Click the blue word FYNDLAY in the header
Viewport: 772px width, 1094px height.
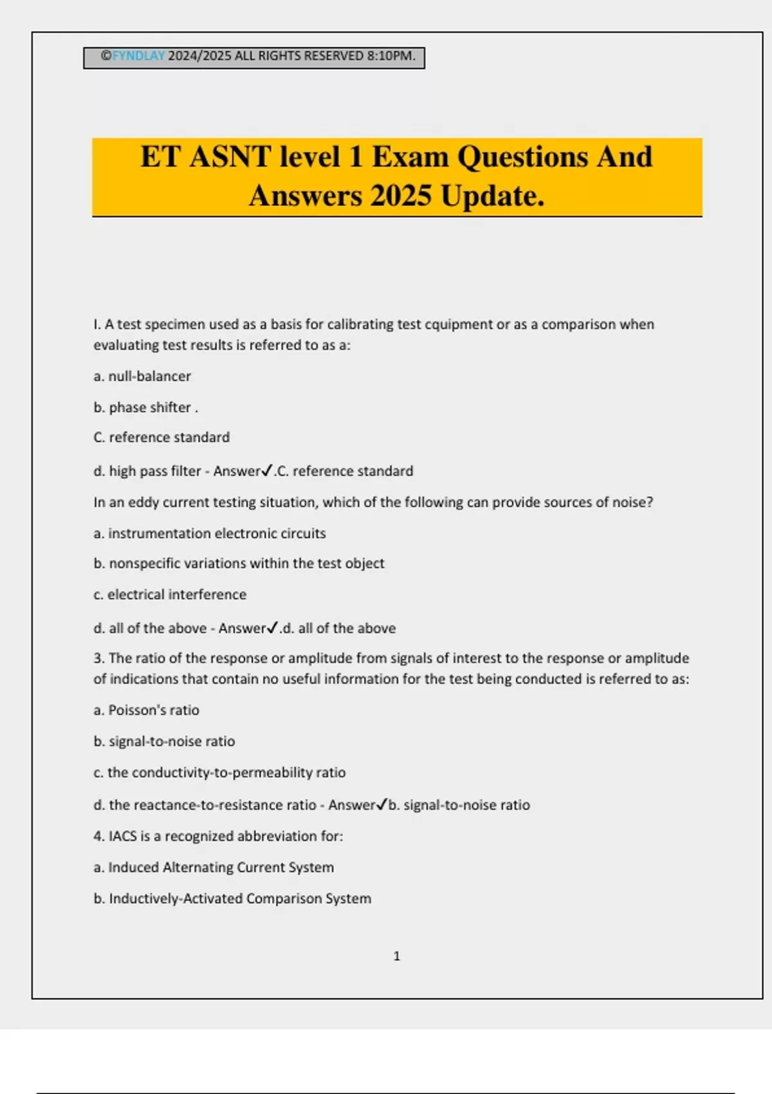138,56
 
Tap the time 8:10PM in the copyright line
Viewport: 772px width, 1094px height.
391,56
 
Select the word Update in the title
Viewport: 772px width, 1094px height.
492,196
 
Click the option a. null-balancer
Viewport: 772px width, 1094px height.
142,376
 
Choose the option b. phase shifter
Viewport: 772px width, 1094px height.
145,407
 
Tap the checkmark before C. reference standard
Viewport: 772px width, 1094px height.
268,470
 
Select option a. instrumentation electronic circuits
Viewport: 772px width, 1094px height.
210,533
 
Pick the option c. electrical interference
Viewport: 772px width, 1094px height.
170,595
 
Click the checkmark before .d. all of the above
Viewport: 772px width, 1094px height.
273,627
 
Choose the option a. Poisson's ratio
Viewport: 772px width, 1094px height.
147,710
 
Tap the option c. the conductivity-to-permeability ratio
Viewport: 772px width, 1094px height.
219,773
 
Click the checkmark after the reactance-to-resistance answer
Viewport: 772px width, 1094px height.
381,804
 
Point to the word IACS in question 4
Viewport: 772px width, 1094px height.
122,837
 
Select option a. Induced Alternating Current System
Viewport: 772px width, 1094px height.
214,867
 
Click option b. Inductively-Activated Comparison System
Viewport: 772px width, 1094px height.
232,899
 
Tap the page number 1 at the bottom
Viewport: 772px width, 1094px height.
396,956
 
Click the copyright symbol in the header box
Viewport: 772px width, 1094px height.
106,56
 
